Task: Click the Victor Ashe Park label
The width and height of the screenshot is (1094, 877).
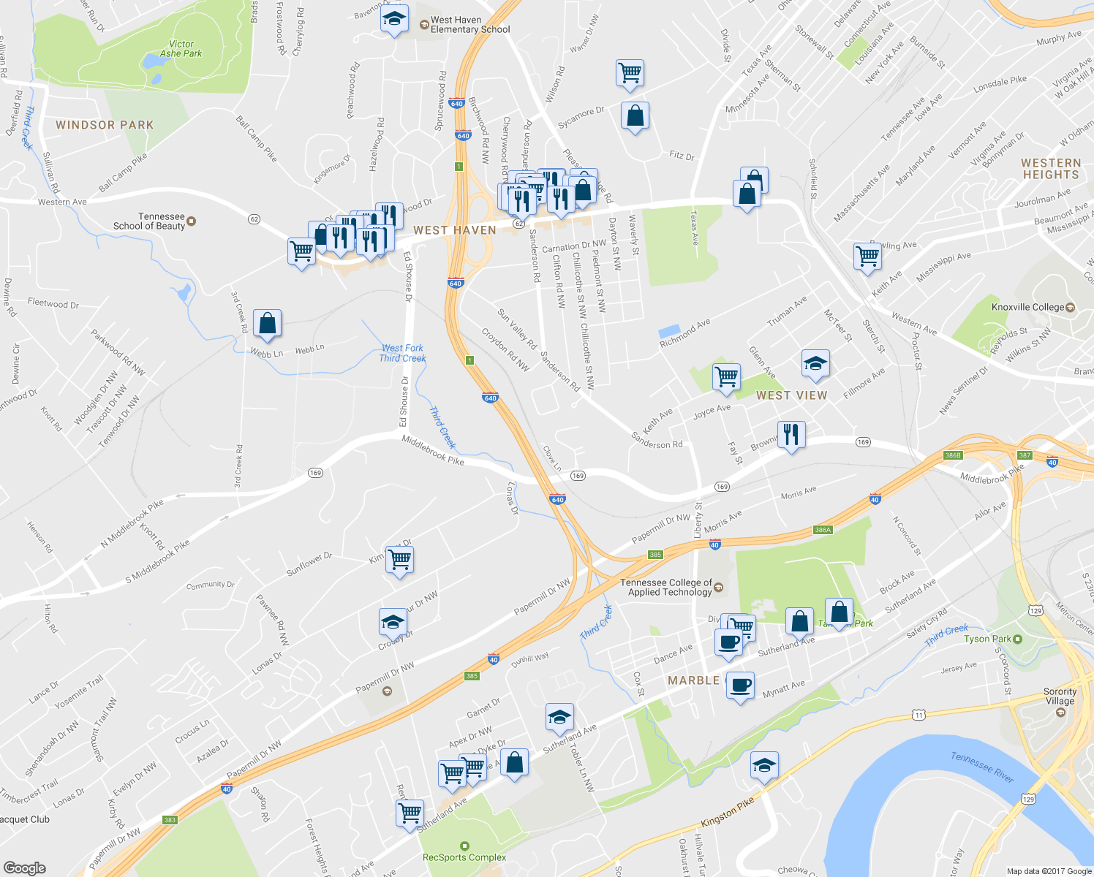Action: click(x=181, y=49)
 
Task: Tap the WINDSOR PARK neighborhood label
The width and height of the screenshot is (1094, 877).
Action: click(x=105, y=125)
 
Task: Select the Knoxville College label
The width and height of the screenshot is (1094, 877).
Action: click(x=1027, y=307)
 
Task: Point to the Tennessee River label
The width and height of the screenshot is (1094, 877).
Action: click(x=981, y=767)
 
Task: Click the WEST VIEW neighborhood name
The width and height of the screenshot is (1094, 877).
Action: click(x=791, y=395)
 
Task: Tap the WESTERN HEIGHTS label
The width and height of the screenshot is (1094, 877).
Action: click(x=1051, y=169)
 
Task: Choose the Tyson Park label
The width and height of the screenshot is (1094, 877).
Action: click(x=987, y=639)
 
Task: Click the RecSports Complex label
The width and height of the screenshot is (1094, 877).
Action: click(x=464, y=857)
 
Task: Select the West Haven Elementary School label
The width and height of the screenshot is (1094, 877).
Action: click(x=469, y=25)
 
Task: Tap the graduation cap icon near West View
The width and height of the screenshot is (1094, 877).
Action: click(x=815, y=363)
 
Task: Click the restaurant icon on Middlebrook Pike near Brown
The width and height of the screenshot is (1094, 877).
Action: click(x=791, y=434)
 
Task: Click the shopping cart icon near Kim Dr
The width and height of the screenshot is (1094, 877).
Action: click(x=399, y=559)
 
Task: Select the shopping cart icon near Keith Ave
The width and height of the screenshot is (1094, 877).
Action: click(x=725, y=376)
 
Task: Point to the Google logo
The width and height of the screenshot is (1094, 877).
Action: click(x=25, y=867)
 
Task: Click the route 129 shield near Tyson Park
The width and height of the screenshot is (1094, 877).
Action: click(x=1035, y=610)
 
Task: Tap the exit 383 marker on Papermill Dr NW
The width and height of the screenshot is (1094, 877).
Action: click(x=170, y=820)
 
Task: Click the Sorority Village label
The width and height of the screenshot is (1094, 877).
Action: click(x=1060, y=696)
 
